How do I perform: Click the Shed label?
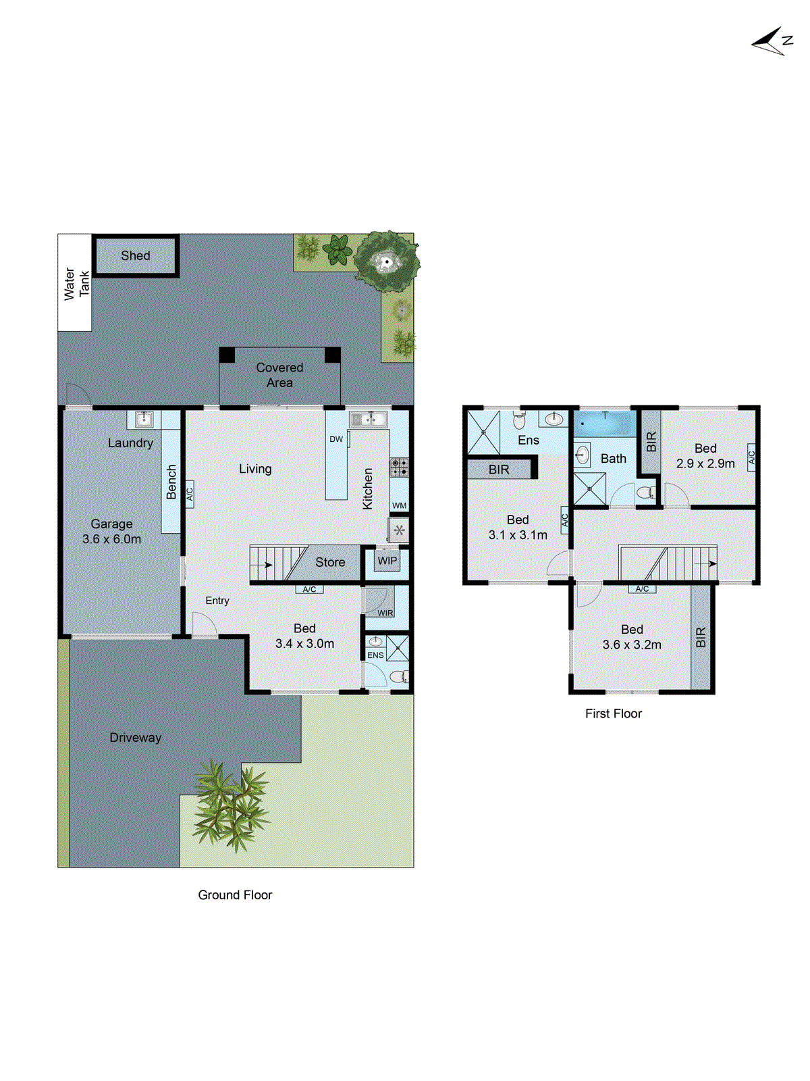coord(135,255)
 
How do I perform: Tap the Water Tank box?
coord(75,283)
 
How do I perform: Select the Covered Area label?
coord(279,375)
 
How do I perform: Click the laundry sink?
coord(144,420)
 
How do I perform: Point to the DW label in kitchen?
coord(336,439)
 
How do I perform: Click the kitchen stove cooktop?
coord(399,466)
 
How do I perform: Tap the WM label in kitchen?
coord(399,505)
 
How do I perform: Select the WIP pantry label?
coord(387,561)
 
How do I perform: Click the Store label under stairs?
coord(330,562)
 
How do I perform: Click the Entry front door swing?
coord(203,625)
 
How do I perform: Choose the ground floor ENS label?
coord(375,655)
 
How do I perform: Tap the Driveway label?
coord(136,738)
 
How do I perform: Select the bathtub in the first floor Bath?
coord(604,424)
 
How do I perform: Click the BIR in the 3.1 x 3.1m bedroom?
coord(499,470)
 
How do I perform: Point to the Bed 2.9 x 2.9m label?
coord(705,456)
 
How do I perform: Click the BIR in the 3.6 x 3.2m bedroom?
coord(701,636)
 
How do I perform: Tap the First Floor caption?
coord(613,713)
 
